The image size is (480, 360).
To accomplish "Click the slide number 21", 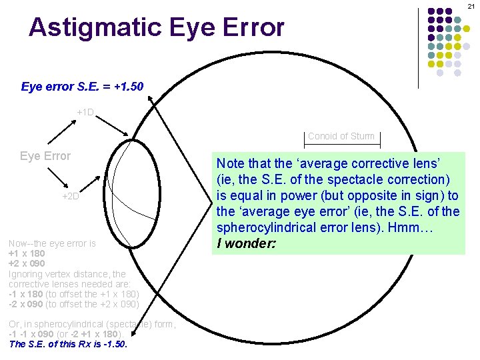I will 471,6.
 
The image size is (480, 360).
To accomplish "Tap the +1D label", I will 85,112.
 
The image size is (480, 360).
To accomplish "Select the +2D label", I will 70,196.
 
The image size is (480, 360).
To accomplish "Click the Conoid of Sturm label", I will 341,136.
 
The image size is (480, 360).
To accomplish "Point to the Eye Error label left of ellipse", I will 45,156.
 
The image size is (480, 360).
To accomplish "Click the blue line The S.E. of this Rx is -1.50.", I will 68,345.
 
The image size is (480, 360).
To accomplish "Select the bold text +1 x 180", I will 27,254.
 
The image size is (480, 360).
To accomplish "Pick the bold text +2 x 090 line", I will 27,264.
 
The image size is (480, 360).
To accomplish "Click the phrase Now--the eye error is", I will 52,244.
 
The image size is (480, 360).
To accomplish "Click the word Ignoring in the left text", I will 26,274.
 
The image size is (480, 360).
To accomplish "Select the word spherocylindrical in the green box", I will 267,229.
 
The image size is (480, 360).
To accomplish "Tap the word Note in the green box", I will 230,162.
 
